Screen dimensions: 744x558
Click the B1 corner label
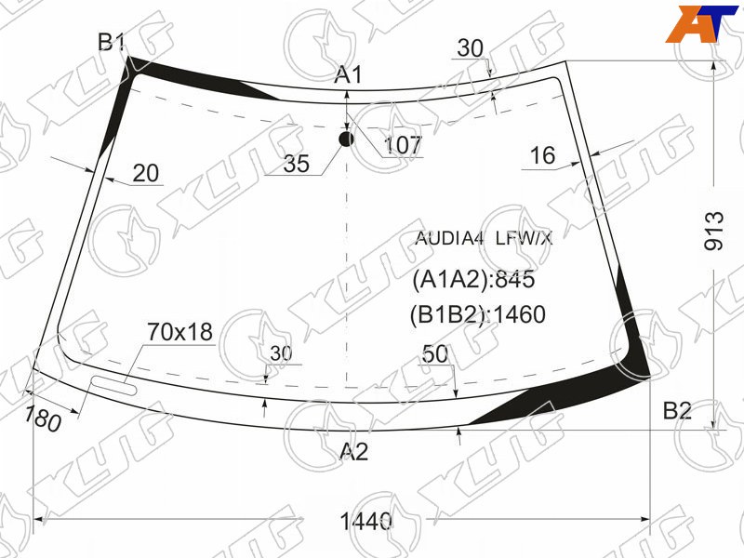[111, 42]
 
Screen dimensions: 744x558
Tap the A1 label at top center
[348, 75]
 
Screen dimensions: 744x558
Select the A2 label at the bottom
[354, 451]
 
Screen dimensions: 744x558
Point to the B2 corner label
[677, 410]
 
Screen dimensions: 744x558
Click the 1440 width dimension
[365, 522]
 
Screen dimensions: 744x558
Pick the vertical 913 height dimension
[714, 231]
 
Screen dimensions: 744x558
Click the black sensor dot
[346, 139]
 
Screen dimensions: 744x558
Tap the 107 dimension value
[403, 145]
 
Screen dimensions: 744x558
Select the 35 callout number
[296, 164]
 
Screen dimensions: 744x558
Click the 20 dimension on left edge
[146, 174]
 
